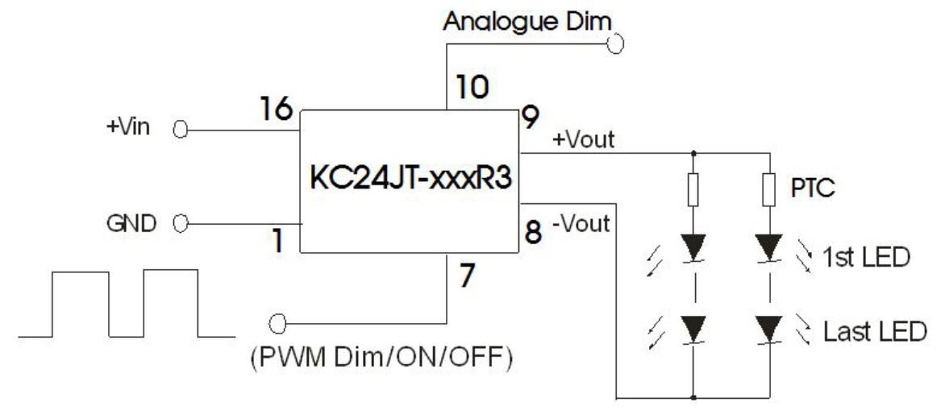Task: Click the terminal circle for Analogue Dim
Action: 616,44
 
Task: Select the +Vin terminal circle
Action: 181,130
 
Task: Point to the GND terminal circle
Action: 181,222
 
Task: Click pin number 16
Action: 276,109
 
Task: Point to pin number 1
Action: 277,242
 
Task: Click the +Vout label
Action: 584,139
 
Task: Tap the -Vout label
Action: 581,222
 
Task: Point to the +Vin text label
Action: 127,129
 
